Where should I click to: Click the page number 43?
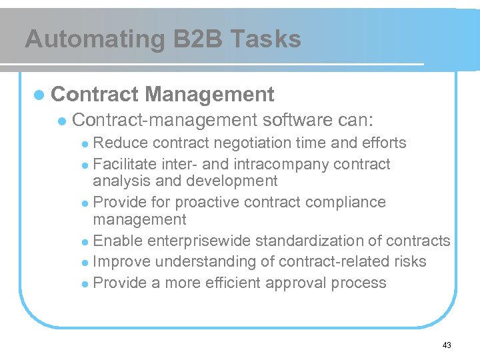pyautogui.click(x=446, y=345)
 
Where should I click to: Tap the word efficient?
pyautogui.click(x=229, y=283)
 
